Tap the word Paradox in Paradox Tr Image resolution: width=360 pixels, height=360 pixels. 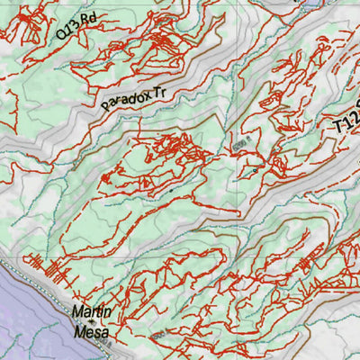pyautogui.click(x=125, y=98)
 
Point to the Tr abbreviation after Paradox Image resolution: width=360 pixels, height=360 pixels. pyautogui.click(x=162, y=89)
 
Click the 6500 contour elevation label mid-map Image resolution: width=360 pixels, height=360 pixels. pyautogui.click(x=239, y=144)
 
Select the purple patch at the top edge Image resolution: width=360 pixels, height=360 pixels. pyautogui.click(x=310, y=4)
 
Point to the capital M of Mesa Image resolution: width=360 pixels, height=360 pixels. pyautogui.click(x=78, y=333)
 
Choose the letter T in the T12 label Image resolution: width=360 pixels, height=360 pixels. pyautogui.click(x=337, y=126)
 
